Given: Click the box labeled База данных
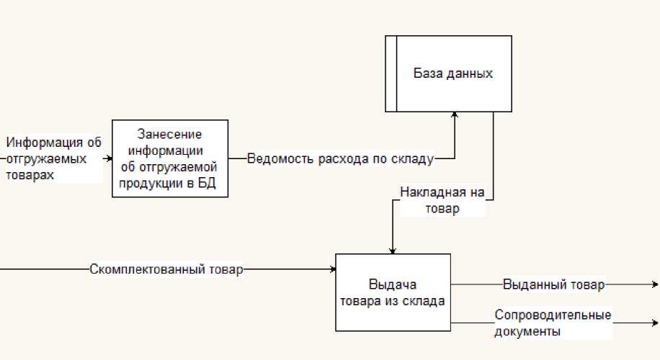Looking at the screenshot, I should point(453,73).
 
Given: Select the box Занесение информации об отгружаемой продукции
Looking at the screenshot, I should point(170,159).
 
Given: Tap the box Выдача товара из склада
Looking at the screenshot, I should point(393,292).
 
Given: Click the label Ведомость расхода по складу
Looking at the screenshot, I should point(340,159).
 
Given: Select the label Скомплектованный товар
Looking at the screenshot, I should point(166,270).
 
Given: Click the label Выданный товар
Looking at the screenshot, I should point(553,284).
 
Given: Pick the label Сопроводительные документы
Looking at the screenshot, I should point(553,323).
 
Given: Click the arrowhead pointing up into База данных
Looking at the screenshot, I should point(455,115).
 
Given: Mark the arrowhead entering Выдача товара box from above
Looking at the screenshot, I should point(392,250).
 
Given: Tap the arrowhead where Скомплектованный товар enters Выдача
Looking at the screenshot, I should point(333,270).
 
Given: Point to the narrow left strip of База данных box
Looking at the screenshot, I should point(391,73).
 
